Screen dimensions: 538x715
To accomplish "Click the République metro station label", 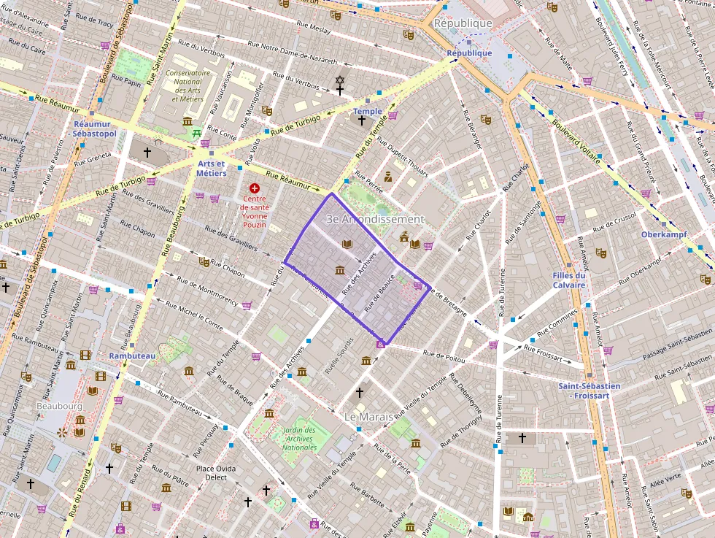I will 469,53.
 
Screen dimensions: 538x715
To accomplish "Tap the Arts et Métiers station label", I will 212,169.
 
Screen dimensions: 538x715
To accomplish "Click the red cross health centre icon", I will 254,188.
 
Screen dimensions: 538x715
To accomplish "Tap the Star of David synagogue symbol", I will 339,80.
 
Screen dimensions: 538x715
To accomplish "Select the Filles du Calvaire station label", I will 569,280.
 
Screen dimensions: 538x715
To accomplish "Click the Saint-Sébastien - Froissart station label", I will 590,390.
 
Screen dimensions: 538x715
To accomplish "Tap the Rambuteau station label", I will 132,356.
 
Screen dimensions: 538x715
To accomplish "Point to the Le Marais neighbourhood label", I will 368,416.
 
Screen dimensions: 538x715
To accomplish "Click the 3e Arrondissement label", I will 374,219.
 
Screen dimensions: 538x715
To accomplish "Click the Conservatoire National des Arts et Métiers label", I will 188,85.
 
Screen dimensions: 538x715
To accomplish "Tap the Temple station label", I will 367,111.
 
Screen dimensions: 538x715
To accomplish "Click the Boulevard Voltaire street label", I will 576,140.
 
